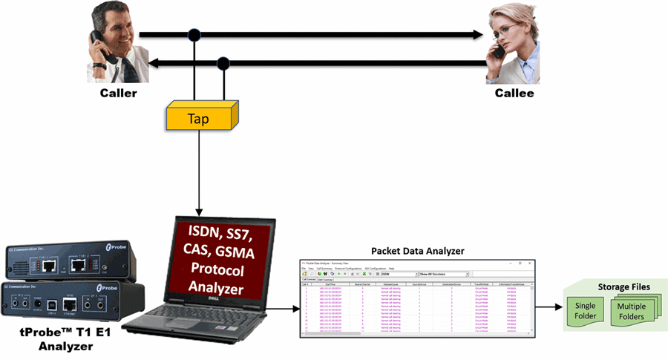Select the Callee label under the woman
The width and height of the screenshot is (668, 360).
click(x=514, y=94)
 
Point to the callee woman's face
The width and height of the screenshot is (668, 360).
click(x=509, y=33)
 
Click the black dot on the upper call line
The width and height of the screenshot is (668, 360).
click(x=194, y=34)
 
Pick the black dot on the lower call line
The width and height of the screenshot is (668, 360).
click(x=222, y=62)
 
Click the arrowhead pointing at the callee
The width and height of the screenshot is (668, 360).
click(x=479, y=34)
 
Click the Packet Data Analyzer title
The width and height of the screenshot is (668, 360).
click(x=416, y=251)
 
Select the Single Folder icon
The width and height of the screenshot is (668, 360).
click(x=586, y=312)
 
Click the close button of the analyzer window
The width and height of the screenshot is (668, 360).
click(x=529, y=263)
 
